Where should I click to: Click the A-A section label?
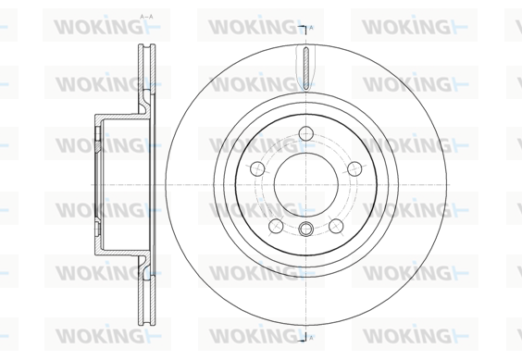click(146, 17)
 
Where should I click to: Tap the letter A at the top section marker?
click(311, 28)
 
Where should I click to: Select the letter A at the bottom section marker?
click(311, 338)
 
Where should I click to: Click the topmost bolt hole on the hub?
click(306, 133)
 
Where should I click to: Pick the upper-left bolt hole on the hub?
click(257, 168)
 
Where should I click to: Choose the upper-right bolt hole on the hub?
click(354, 168)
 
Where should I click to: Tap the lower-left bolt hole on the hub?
click(276, 226)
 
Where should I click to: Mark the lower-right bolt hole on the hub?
click(336, 226)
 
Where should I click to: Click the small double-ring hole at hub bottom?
click(306, 229)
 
